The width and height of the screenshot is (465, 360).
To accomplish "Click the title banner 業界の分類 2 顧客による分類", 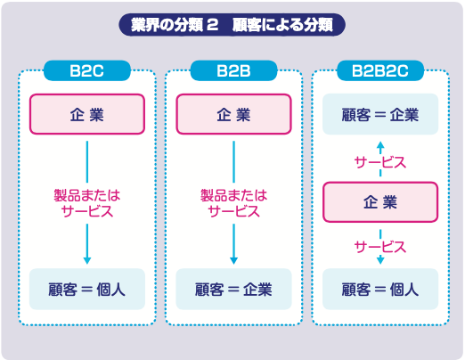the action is [x=232, y=25].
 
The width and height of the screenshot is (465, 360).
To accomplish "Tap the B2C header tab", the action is [x=87, y=70].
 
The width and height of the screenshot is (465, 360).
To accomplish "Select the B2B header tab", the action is [x=233, y=70].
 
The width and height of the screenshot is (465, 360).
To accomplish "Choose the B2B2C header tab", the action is [x=380, y=70].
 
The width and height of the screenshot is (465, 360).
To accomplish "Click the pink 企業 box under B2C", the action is [x=87, y=114].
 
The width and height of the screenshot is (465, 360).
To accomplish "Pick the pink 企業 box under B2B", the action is [x=233, y=114].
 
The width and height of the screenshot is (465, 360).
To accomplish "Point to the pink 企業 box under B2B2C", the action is [x=380, y=202].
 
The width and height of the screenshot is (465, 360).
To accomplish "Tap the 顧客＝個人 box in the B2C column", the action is [x=87, y=289].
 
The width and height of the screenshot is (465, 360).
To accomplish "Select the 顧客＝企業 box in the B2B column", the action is [x=233, y=289].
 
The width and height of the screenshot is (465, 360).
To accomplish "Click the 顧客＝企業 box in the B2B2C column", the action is [x=380, y=114].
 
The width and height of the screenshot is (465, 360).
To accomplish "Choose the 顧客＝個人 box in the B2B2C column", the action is [x=380, y=289].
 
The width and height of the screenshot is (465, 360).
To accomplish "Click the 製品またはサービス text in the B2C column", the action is [x=87, y=203].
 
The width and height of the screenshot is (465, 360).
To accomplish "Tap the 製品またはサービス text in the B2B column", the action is [x=233, y=203].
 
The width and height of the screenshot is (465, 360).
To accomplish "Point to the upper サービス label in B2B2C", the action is [x=380, y=162].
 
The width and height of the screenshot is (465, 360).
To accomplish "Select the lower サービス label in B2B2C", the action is [x=380, y=247].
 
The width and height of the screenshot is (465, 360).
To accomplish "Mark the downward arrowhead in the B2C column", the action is [x=87, y=260].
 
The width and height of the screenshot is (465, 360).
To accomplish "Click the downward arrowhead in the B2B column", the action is [x=233, y=260].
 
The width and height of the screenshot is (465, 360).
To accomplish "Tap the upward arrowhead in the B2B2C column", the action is [x=380, y=145].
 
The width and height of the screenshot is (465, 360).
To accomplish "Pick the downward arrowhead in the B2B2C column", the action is [x=380, y=260].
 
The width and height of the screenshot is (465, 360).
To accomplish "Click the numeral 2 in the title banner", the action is [x=212, y=25].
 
